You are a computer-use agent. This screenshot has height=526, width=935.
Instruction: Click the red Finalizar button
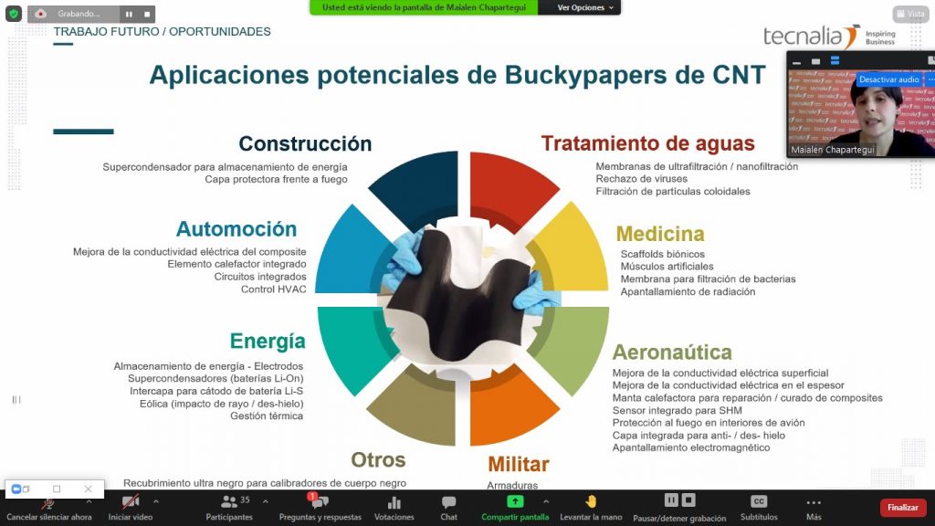pyautogui.click(x=903, y=508)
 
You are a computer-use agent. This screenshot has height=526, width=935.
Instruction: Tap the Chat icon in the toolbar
pyautogui.click(x=448, y=502)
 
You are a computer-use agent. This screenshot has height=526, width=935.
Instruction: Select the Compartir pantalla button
pyautogui.click(x=515, y=508)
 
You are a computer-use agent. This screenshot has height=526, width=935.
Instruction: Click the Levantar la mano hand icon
pyautogui.click(x=591, y=501)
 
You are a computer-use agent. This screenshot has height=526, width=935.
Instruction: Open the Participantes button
pyautogui.click(x=229, y=508)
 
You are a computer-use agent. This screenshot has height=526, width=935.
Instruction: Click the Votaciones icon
pyautogui.click(x=394, y=502)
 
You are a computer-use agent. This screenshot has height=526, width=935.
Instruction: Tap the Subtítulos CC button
pyautogui.click(x=759, y=501)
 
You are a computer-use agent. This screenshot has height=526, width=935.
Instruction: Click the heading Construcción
pyautogui.click(x=305, y=143)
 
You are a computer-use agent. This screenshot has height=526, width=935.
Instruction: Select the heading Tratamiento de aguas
pyautogui.click(x=647, y=143)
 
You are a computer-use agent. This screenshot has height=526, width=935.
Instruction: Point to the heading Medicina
pyautogui.click(x=660, y=234)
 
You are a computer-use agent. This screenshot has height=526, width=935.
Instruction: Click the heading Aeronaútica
pyautogui.click(x=672, y=352)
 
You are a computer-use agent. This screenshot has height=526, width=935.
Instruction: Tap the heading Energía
pyautogui.click(x=268, y=342)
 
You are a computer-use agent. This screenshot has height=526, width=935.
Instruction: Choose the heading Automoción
pyautogui.click(x=236, y=229)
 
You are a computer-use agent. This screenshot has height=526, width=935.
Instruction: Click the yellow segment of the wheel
pyautogui.click(x=573, y=250)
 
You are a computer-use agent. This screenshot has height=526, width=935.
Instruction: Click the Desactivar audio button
pyautogui.click(x=888, y=79)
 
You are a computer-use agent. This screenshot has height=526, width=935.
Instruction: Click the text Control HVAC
pyautogui.click(x=274, y=289)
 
